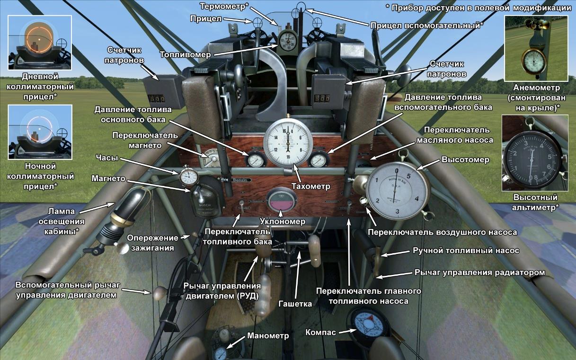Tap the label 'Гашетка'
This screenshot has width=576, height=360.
point(295,304)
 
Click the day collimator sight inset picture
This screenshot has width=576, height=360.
point(40,43)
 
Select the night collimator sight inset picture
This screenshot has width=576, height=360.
point(40,132)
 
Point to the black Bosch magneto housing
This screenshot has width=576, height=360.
point(204,201)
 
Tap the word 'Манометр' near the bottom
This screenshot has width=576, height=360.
point(267,336)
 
